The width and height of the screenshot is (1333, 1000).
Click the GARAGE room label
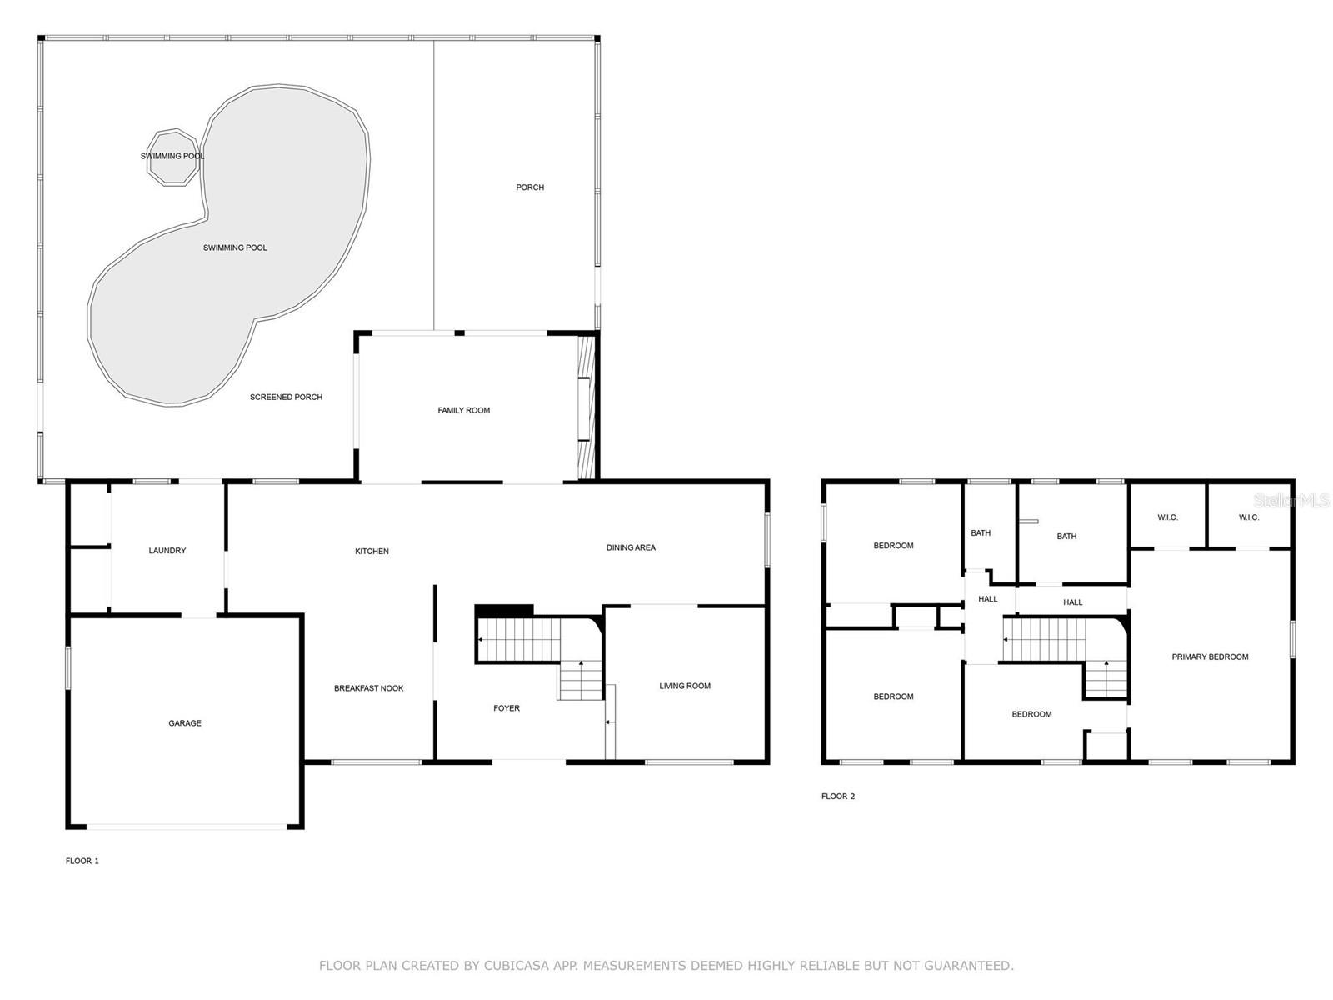point(185,723)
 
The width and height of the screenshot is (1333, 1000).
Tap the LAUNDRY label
point(167,551)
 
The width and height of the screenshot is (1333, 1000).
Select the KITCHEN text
point(372,552)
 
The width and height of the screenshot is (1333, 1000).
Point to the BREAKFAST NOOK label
point(368,688)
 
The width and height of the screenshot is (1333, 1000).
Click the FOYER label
point(507,708)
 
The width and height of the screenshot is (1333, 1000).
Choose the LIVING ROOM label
point(685,686)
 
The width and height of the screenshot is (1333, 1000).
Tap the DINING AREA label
point(631,547)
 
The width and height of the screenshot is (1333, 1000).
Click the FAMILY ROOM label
point(464,410)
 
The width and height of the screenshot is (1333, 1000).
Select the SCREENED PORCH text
point(286,397)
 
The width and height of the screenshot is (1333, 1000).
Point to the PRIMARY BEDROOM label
point(1210,657)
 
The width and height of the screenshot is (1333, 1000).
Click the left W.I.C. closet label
point(1167,517)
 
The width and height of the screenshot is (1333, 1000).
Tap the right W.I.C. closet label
point(1248,517)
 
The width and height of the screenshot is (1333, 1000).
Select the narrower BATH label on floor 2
point(981,533)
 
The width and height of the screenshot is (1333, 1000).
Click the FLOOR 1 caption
point(82,861)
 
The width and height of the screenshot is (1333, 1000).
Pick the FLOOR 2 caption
point(838,797)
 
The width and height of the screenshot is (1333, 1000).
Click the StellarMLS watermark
point(1292,500)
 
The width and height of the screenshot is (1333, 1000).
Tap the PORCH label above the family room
point(530,187)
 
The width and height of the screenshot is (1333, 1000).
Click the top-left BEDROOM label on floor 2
point(893,546)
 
